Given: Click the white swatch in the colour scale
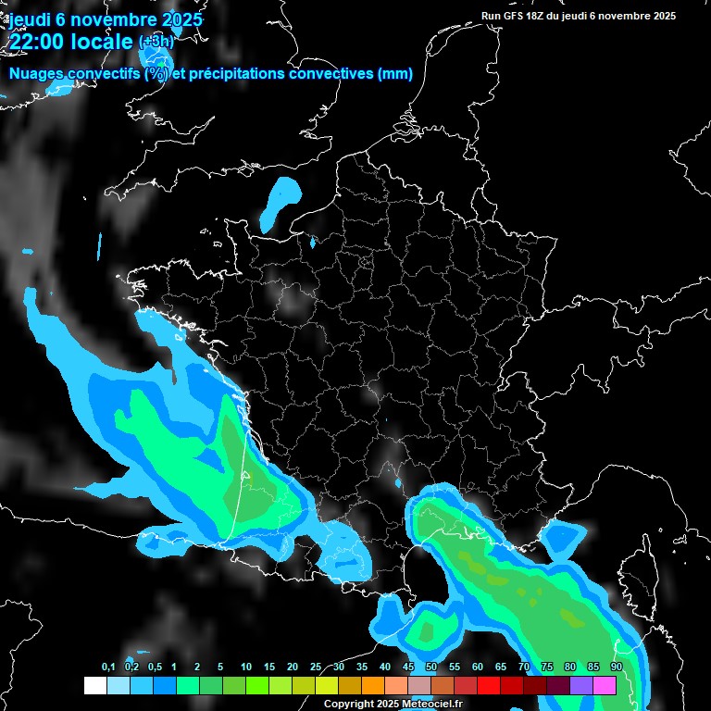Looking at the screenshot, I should [x=95, y=685].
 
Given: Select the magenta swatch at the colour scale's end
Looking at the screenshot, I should [x=605, y=685].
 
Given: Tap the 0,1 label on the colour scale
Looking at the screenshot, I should [x=107, y=667].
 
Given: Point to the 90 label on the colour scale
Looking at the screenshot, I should [x=616, y=667].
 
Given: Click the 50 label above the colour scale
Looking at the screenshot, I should [x=431, y=667].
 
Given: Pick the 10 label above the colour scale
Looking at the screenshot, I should [x=245, y=667].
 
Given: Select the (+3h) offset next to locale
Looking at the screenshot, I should [x=156, y=42].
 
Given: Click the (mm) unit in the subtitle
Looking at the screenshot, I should [x=395, y=74].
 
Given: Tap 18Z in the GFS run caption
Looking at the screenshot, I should [x=534, y=16].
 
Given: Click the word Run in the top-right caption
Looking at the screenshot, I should [x=491, y=16].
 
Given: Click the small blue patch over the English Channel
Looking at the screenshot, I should [x=280, y=204].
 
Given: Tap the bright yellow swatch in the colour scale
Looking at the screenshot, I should [x=327, y=685].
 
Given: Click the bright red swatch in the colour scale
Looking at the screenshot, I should [x=489, y=685].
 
